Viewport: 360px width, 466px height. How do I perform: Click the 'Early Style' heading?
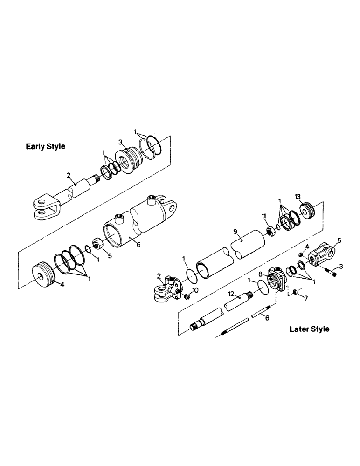coord(45,146)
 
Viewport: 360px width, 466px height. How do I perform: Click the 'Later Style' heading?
coord(309,329)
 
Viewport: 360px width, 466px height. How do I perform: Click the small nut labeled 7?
coord(294,292)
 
